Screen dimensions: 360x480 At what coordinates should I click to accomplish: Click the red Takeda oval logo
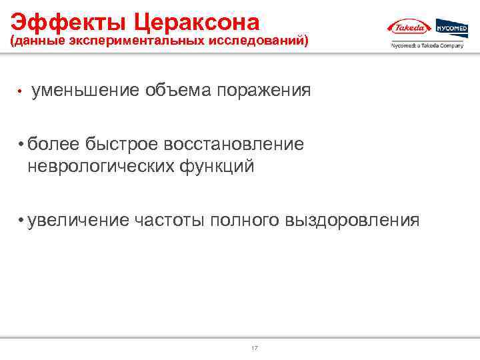409,28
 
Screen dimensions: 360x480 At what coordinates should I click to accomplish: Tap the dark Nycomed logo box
452,28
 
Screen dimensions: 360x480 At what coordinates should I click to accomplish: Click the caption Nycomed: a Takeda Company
427,46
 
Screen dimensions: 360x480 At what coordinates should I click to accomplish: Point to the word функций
216,165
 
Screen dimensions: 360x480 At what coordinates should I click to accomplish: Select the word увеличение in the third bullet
78,219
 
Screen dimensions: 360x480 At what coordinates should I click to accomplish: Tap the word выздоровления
353,219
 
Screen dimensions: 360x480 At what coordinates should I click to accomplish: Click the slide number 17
254,349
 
